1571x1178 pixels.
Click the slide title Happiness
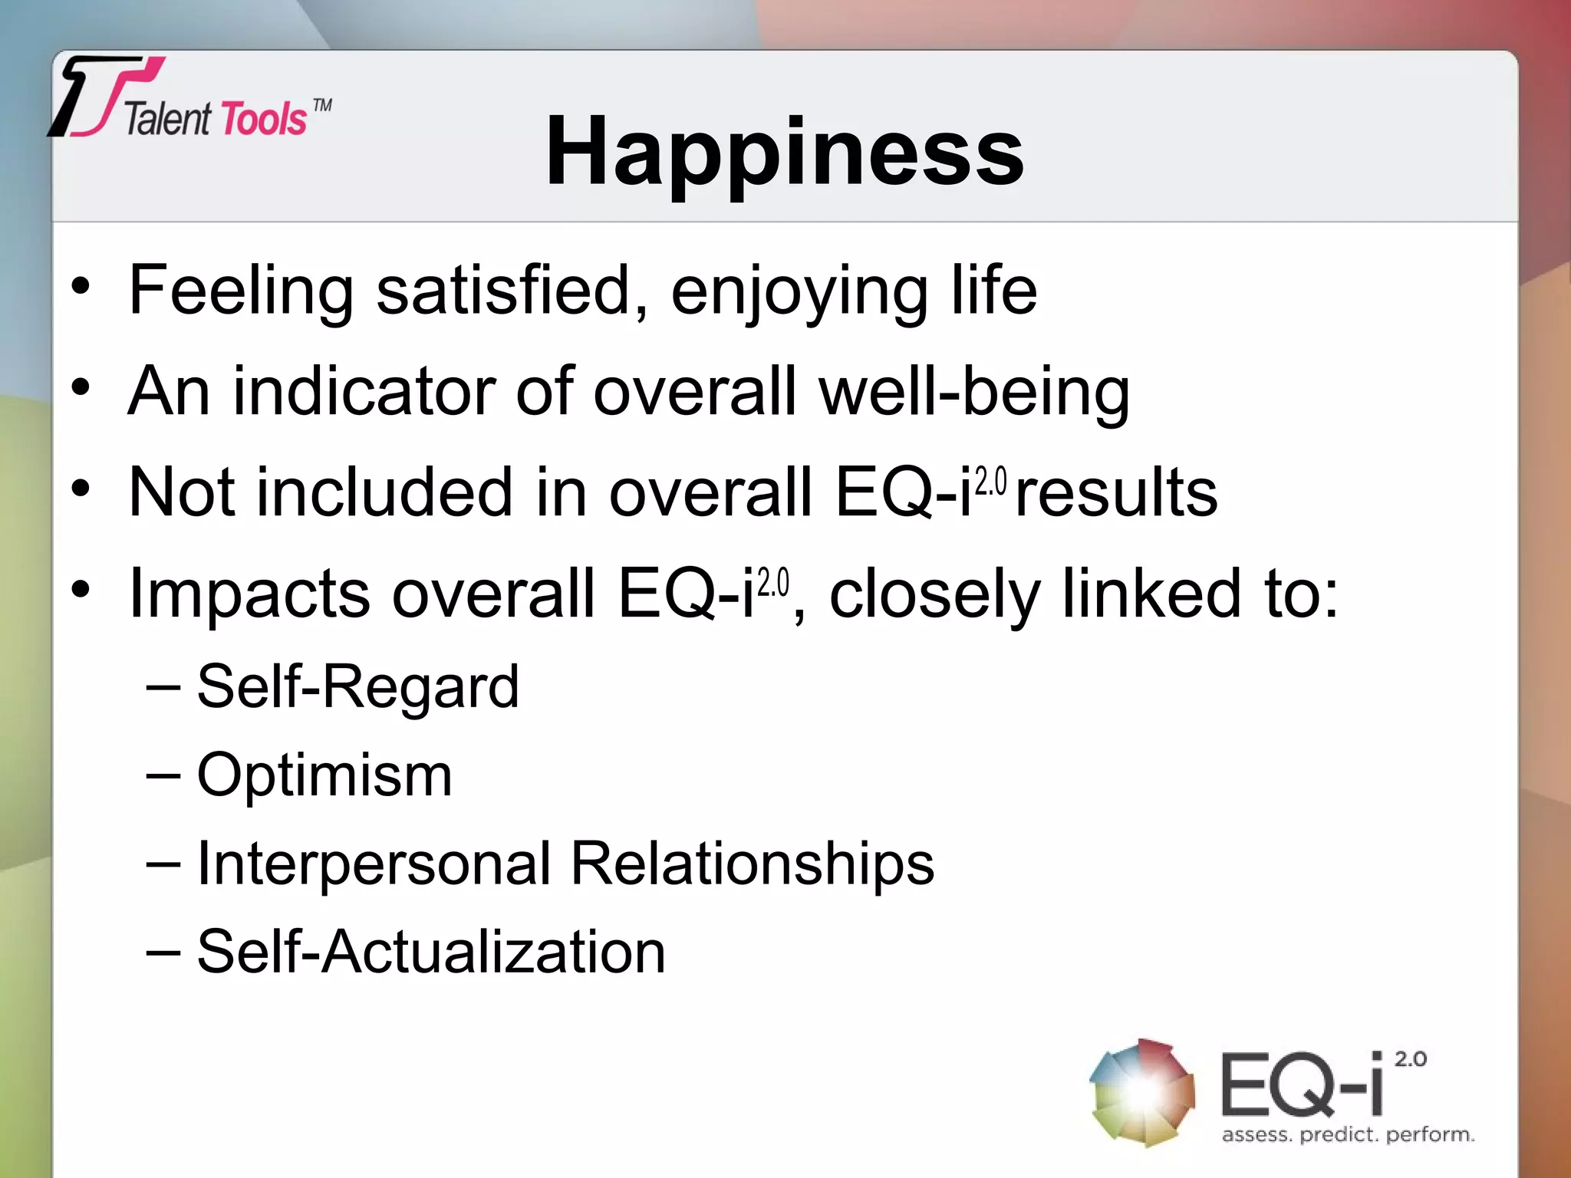coord(784,151)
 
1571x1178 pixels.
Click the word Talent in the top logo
coord(167,120)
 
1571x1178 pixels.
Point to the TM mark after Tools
coord(323,105)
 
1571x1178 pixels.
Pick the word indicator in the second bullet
coord(364,391)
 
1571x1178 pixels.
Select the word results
coord(1116,492)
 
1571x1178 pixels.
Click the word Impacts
coord(249,594)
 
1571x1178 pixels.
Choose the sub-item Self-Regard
coord(357,686)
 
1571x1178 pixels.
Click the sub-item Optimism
coord(324,775)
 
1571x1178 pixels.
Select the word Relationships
coord(753,864)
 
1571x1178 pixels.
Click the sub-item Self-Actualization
coord(431,952)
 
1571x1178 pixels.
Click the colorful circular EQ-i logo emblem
coord(1141,1092)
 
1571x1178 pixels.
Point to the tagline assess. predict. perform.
coord(1348,1134)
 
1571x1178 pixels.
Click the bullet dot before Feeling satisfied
coord(81,288)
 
